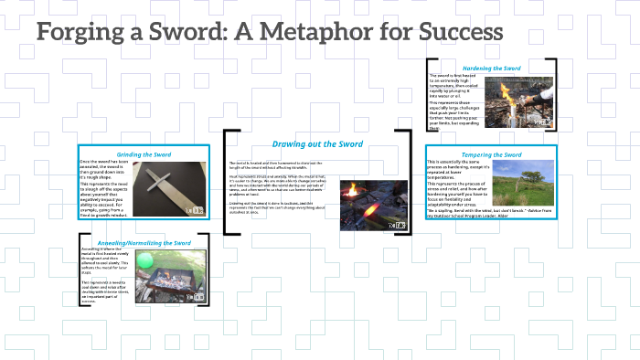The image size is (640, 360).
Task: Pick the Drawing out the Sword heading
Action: [x=317, y=143]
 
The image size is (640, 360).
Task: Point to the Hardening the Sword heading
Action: [x=492, y=69]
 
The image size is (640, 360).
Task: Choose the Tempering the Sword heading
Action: [x=492, y=155]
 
